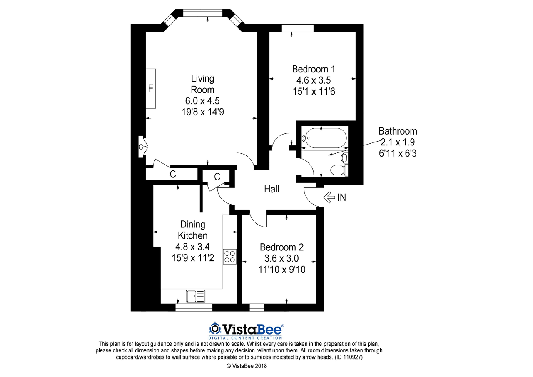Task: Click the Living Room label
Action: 203,84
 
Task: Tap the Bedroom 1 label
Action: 314,69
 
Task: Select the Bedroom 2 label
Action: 282,247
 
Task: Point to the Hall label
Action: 272,189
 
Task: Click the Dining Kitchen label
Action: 193,230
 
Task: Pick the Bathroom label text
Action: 398,131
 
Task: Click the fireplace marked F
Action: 151,89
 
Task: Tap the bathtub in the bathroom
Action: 324,138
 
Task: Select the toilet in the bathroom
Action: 339,170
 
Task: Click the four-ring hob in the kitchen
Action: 229,257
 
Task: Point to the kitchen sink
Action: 195,296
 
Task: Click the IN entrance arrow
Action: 329,197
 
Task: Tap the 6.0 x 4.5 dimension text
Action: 202,101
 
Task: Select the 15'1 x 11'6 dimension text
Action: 314,91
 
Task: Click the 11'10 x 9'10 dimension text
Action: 282,270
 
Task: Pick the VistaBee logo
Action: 246,331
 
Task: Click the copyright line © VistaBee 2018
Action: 247,366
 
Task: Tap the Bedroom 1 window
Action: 298,28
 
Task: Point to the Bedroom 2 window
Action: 257,307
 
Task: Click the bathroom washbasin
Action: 344,157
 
